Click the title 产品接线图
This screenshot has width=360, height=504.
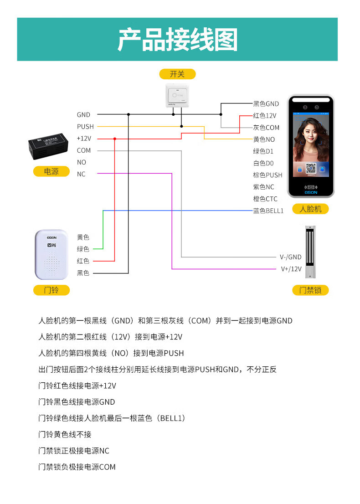178,40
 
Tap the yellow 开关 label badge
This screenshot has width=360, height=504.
177,74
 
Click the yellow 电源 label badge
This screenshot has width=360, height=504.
51,171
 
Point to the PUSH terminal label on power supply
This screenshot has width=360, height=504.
85,127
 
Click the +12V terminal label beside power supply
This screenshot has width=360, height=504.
84,139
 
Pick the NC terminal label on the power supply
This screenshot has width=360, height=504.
81,174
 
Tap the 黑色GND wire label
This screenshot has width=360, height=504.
266,104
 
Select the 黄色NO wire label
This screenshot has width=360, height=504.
264,139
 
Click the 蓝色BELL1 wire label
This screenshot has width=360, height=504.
268,211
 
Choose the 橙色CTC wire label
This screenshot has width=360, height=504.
265,199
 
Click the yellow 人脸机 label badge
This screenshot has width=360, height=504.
310,209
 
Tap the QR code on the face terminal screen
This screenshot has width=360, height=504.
311,168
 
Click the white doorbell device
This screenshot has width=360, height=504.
51,254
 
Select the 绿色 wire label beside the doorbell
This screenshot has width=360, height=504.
83,249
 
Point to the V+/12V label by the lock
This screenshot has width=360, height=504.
291,269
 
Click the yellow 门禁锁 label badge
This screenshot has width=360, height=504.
310,290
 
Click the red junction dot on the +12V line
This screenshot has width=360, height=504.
114,139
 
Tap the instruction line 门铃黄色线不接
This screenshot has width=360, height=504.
65,435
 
